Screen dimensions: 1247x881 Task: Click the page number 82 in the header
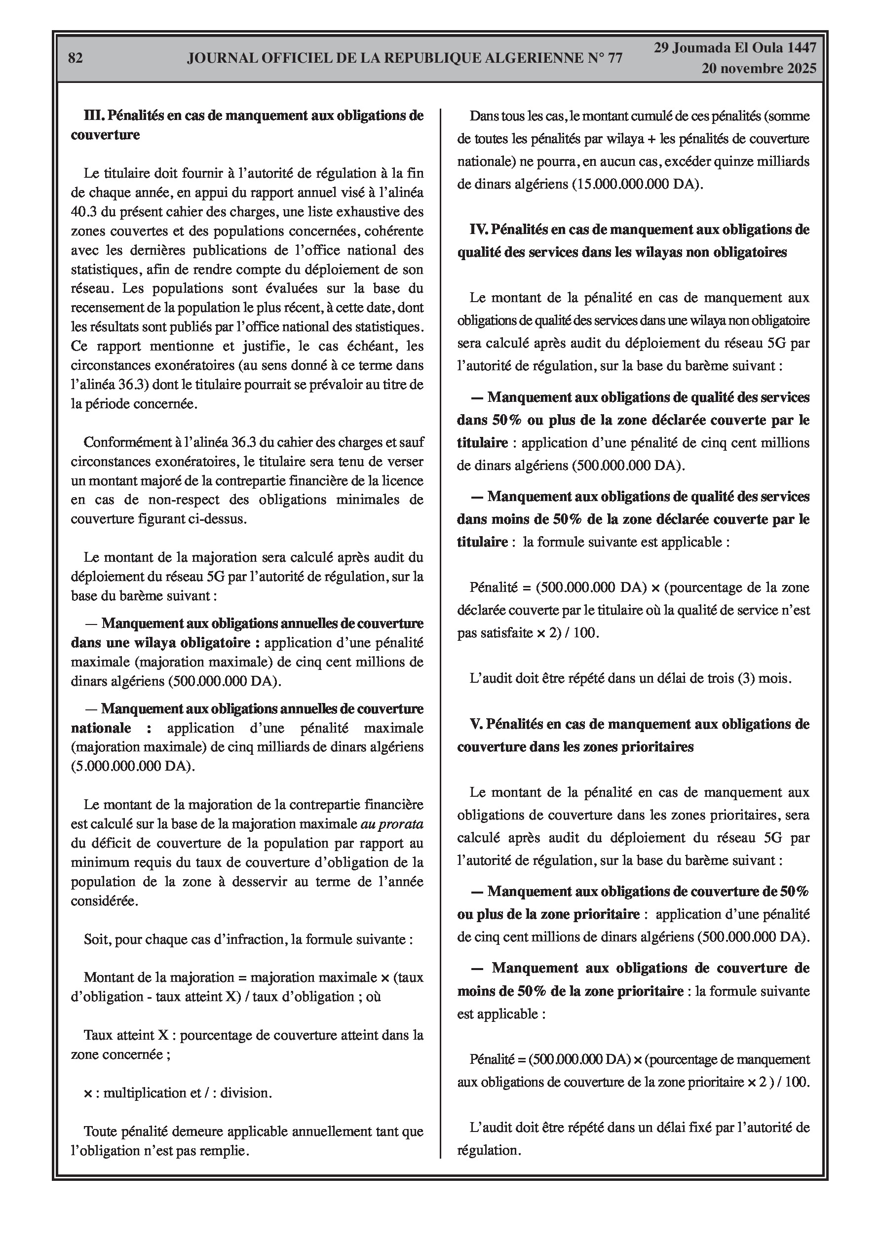pos(76,58)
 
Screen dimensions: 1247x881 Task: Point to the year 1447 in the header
pos(801,48)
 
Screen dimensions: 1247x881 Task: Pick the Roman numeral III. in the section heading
pos(94,116)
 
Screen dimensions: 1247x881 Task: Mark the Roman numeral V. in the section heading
pos(476,724)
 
